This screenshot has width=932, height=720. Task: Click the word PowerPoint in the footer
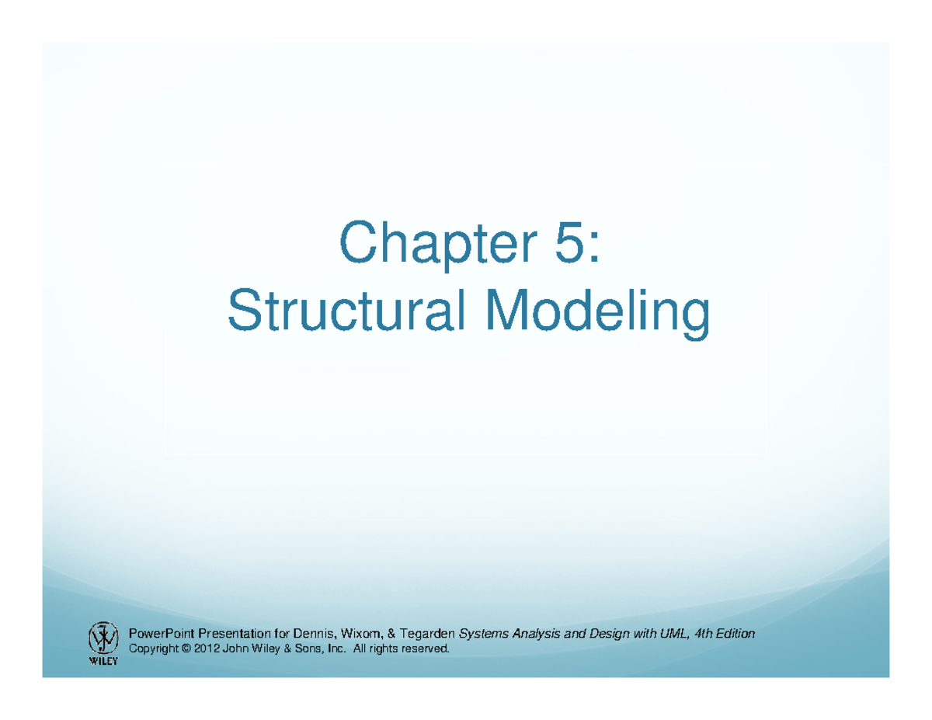(161, 635)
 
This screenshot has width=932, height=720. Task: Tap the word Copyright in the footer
(151, 649)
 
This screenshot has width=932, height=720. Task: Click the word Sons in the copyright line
(294, 649)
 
